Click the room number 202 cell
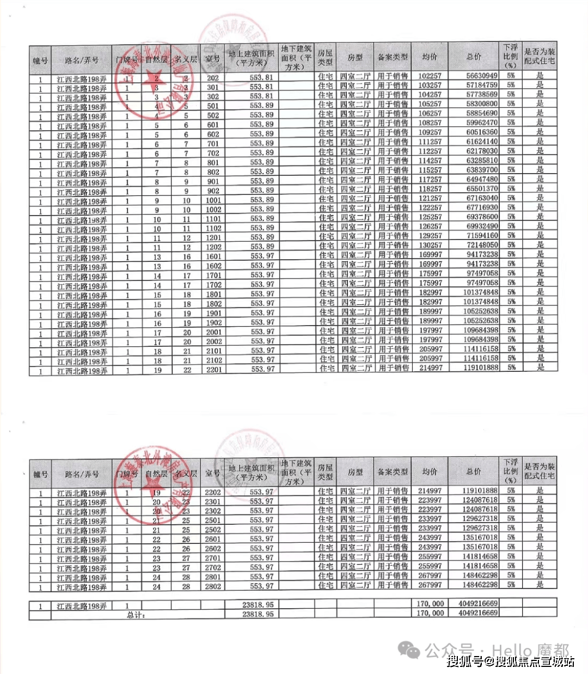pos(212,78)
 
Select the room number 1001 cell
pos(213,200)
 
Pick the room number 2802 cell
pos(213,586)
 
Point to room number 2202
pos(213,492)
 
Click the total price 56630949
pos(482,76)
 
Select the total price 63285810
pos(482,161)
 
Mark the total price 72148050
pos(482,245)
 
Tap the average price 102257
pos(430,76)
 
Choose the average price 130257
pos(430,245)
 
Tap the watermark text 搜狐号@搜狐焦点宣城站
pos(511,661)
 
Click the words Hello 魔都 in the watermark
pos(531,650)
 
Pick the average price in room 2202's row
pos(430,491)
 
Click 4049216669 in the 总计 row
pos(478,613)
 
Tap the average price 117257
pos(430,179)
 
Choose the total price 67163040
pos(482,198)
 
